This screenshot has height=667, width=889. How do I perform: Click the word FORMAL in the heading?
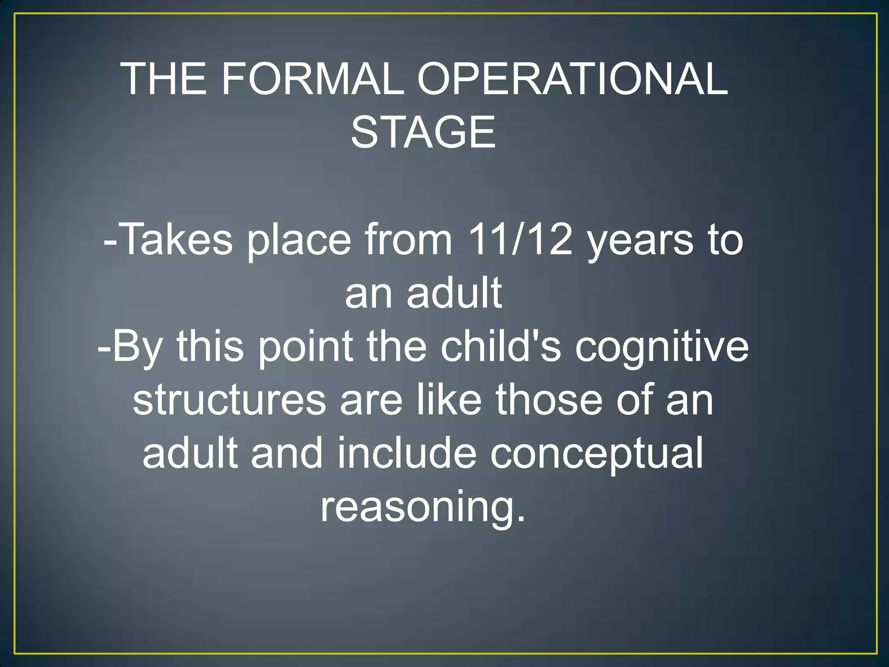click(313, 79)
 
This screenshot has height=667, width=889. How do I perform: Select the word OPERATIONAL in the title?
click(572, 79)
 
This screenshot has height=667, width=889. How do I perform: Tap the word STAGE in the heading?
click(423, 132)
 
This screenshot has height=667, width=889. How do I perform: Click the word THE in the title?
click(164, 79)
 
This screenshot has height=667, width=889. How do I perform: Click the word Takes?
click(176, 240)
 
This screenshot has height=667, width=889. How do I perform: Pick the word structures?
click(229, 400)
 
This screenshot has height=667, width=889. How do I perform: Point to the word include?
click(407, 453)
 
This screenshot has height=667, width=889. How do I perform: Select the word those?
click(549, 400)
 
